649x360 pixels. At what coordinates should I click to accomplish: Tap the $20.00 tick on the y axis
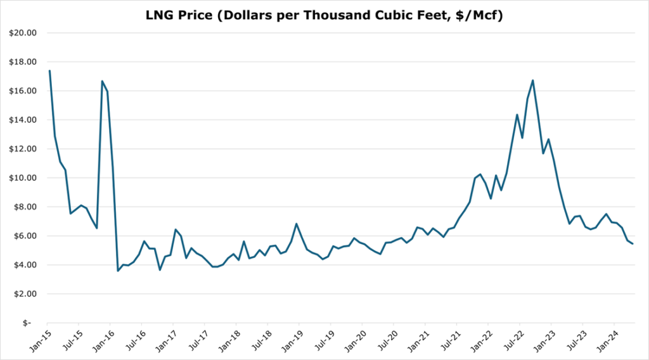point(23,33)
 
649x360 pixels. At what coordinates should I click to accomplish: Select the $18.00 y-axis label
point(23,62)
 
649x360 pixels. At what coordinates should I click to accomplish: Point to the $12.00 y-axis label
point(23,149)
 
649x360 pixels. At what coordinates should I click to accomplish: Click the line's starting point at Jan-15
point(49,71)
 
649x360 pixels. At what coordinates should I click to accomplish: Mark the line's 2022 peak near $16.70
point(533,80)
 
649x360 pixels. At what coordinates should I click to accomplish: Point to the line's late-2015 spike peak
point(102,81)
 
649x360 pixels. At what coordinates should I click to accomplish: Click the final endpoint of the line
point(633,243)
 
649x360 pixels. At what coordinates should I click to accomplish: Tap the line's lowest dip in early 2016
point(118,271)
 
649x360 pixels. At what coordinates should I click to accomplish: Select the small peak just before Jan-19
point(296,224)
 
